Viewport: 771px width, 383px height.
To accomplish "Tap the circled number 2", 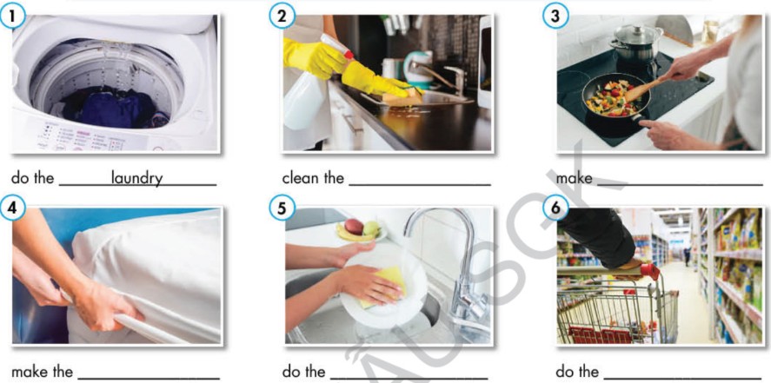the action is (x=282, y=17).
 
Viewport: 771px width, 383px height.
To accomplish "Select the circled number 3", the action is (x=555, y=16).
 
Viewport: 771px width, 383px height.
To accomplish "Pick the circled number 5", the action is (x=282, y=208).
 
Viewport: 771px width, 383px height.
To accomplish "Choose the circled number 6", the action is (x=555, y=208).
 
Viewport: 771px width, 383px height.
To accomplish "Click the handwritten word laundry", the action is (x=136, y=178).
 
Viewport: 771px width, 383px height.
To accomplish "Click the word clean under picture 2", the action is (x=300, y=178).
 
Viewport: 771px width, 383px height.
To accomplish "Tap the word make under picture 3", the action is (x=574, y=178).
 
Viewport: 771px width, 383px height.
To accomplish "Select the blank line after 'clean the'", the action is (x=420, y=185).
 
